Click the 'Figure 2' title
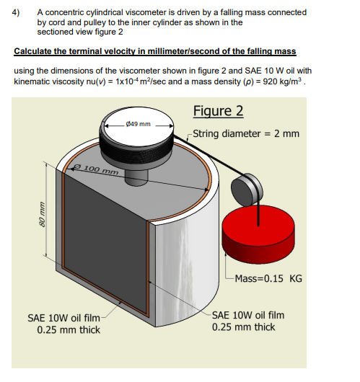coord(219,111)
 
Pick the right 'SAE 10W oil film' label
coord(248,315)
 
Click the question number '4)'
coord(18,12)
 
